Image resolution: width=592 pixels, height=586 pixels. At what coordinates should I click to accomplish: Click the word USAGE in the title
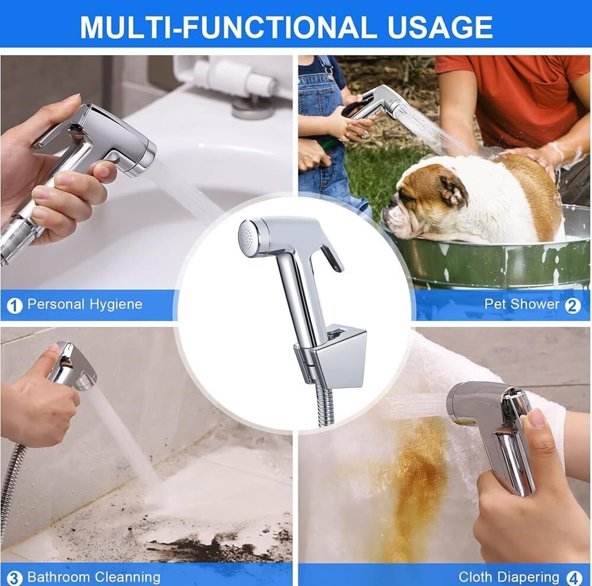(x=440, y=27)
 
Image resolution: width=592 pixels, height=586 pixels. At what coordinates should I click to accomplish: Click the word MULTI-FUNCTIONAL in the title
(x=229, y=27)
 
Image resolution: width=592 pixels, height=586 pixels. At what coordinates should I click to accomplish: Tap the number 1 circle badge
(x=14, y=305)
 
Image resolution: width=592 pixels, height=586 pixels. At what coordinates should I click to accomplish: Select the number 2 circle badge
(x=572, y=305)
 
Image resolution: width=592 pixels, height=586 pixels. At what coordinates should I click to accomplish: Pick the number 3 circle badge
(x=14, y=578)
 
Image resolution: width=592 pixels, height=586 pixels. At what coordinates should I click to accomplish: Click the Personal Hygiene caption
(x=85, y=304)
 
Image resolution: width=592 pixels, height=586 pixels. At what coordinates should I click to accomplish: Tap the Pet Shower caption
(x=522, y=304)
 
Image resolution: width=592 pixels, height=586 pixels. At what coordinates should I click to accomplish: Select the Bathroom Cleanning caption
(x=94, y=577)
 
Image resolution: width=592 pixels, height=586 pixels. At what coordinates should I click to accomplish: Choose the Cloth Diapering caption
(x=509, y=577)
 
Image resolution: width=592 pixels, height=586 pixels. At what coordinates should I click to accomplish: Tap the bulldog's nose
(x=387, y=212)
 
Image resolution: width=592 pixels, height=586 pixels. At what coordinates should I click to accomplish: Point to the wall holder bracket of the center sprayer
(x=331, y=356)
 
